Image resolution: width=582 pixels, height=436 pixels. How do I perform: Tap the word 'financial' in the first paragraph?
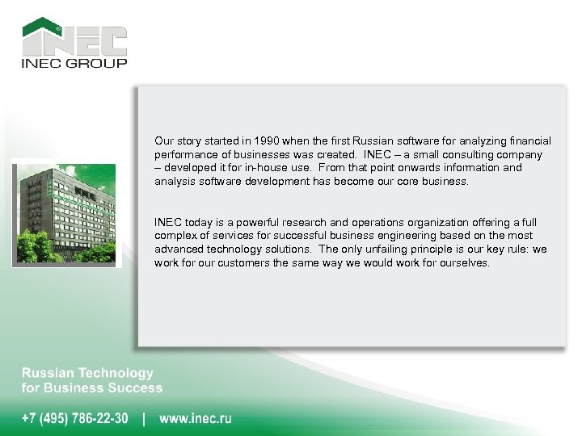[529, 140]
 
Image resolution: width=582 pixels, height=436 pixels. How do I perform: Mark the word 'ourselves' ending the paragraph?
[464, 263]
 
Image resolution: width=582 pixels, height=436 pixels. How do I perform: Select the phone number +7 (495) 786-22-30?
[74, 418]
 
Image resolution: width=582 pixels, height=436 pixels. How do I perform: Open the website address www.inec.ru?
[196, 418]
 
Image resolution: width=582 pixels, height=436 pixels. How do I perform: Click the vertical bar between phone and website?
[144, 418]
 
